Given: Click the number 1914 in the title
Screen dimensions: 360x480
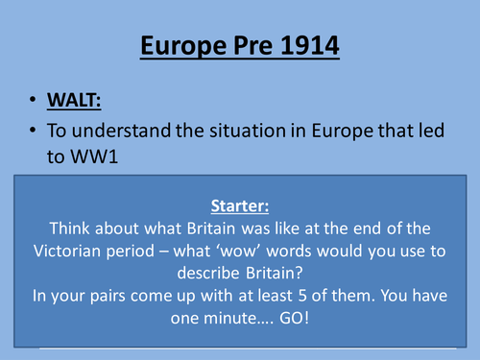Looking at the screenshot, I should pos(305,46).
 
